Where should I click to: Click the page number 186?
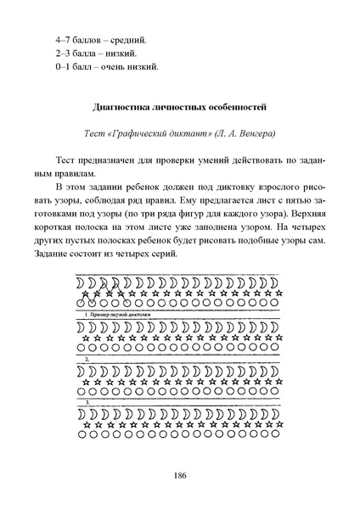tap(180, 474)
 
